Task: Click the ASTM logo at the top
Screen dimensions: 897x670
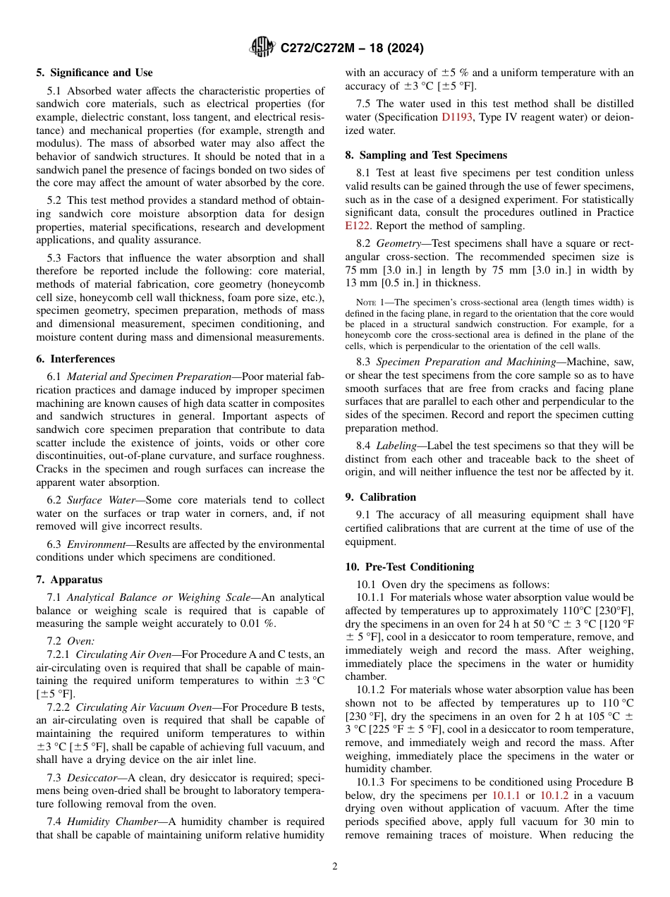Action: pos(262,48)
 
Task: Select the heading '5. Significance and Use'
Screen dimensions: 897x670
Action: pos(95,73)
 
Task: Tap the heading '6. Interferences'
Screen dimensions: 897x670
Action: pos(75,359)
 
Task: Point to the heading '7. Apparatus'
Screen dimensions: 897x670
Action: pos(69,580)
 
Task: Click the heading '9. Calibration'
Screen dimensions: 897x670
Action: pos(381,496)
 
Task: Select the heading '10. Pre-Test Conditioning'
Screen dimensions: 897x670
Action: pos(410,567)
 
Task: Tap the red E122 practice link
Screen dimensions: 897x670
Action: pos(357,226)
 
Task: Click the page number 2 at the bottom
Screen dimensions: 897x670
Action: pos(335,867)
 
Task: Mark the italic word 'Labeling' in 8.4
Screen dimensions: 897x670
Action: pos(396,446)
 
